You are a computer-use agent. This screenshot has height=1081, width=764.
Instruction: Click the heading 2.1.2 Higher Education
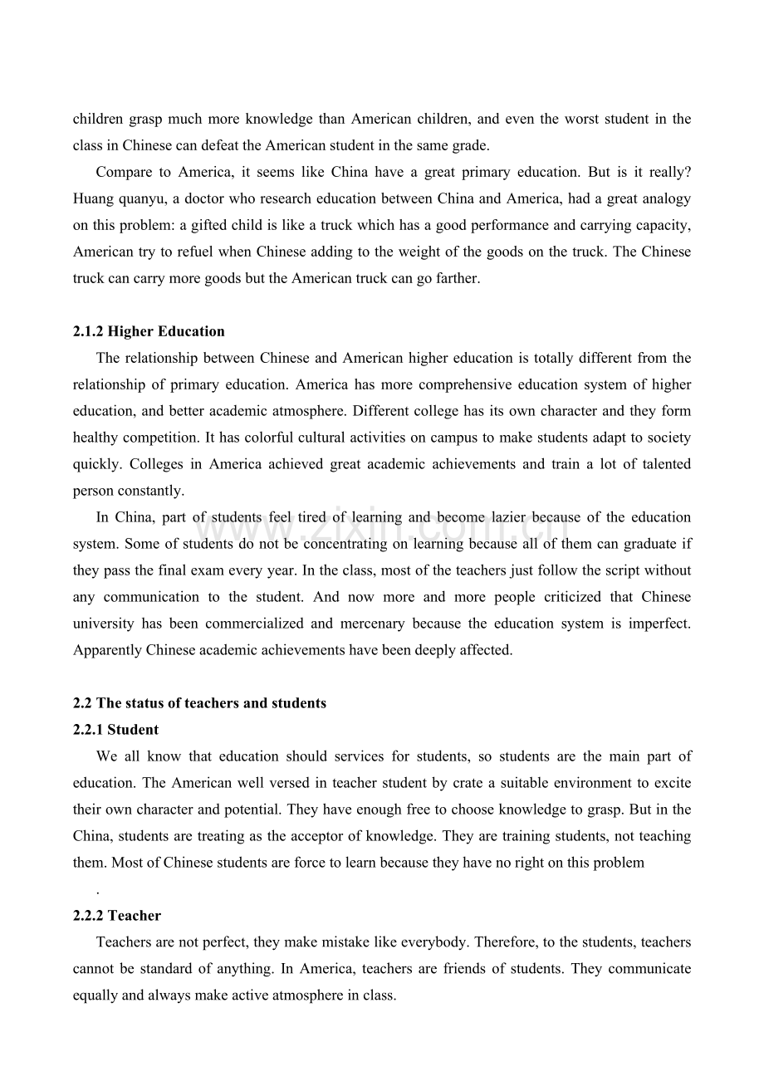[x=149, y=331]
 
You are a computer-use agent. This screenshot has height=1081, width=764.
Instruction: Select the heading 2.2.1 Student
[x=115, y=730]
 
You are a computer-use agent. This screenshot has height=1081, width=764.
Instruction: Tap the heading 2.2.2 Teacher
[x=117, y=916]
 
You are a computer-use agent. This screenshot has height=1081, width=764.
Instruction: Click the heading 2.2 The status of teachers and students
[x=199, y=703]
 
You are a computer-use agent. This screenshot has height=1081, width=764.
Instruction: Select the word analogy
[x=664, y=198]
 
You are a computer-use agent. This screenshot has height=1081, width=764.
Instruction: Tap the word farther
[x=458, y=278]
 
